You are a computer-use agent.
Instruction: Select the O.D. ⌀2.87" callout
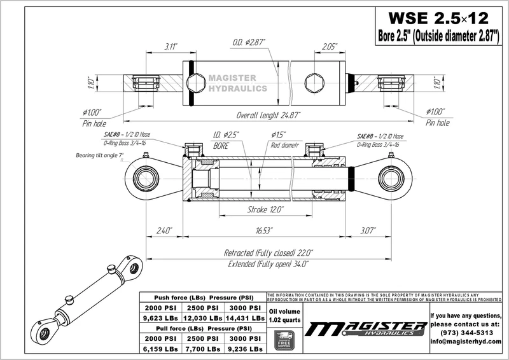pyautogui.click(x=249, y=42)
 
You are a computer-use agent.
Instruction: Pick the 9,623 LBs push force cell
pyautogui.click(x=159, y=317)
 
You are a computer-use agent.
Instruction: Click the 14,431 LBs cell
pyautogui.click(x=244, y=317)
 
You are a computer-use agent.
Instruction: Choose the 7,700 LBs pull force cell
pyautogui.click(x=202, y=349)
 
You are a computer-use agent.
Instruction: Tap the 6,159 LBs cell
pyautogui.click(x=159, y=349)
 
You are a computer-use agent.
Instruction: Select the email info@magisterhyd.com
pyautogui.click(x=468, y=341)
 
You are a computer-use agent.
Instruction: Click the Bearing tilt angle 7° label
pyautogui.click(x=99, y=155)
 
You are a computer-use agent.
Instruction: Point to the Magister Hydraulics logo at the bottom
pyautogui.click(x=366, y=329)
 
